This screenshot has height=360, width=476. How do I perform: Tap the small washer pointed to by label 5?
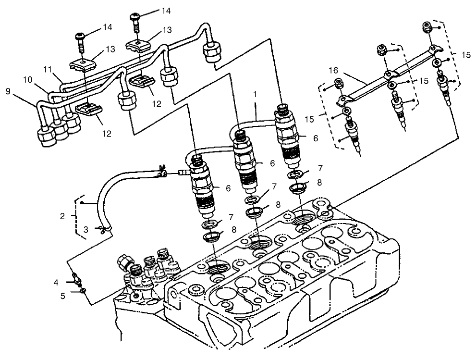[84, 290]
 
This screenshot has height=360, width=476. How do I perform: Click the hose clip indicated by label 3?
[101, 229]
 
